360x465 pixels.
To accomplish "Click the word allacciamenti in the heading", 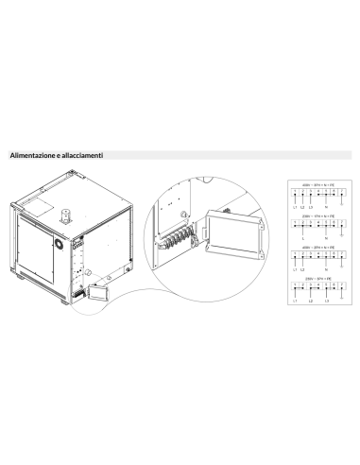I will (x=80, y=155).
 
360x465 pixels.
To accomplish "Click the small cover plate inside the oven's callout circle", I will (x=95, y=295).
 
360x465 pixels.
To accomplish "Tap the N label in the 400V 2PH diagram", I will (x=326, y=268).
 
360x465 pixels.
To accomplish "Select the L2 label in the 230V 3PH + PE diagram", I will (x=310, y=301).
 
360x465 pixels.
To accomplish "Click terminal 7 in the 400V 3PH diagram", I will (x=341, y=192).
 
